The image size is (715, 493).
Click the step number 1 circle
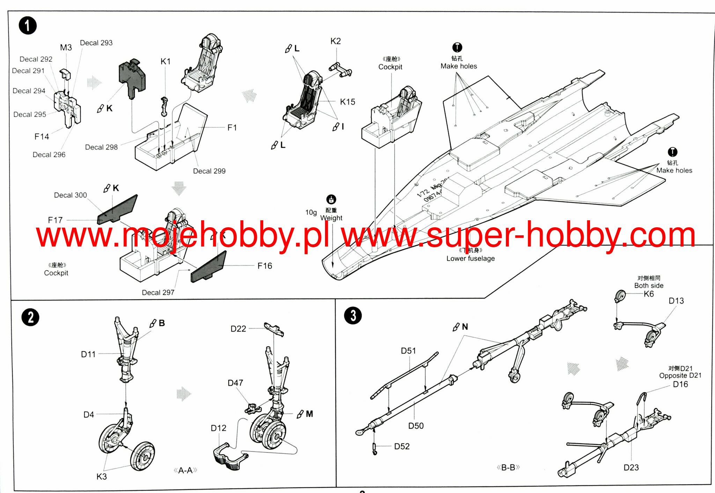(x=28, y=26)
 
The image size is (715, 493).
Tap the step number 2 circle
(x=30, y=317)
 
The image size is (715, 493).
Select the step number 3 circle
(x=353, y=315)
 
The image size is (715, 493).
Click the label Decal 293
(x=96, y=43)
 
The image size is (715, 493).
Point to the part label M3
(x=66, y=48)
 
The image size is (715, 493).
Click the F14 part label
(x=42, y=137)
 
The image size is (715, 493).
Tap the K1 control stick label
(x=165, y=62)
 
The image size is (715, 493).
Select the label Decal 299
(x=209, y=171)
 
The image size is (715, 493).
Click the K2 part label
(x=336, y=41)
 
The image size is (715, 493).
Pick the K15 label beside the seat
(x=347, y=102)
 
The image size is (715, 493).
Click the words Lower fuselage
(x=470, y=258)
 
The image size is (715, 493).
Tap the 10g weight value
(x=311, y=212)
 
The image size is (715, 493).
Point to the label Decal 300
(x=70, y=195)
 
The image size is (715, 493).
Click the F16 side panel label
(x=265, y=266)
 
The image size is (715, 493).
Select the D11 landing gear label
(x=88, y=354)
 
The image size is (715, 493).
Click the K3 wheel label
(x=102, y=477)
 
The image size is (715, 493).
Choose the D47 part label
(x=235, y=383)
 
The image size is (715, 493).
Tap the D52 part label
(x=401, y=446)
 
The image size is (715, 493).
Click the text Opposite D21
(x=680, y=376)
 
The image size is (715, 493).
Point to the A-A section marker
(x=185, y=470)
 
